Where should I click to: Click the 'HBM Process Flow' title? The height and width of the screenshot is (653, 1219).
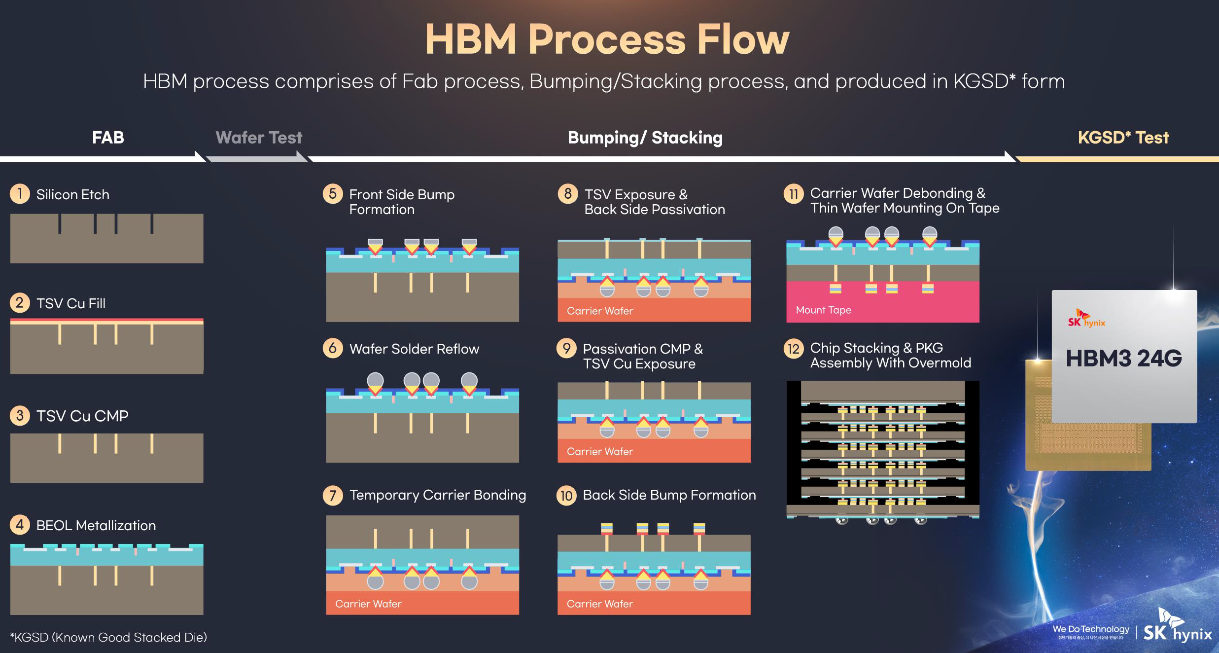[607, 39]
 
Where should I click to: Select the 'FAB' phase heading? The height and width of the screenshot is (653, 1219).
[108, 138]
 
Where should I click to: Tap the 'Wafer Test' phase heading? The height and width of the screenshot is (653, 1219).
[259, 138]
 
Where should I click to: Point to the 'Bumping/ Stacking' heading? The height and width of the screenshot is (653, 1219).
[645, 138]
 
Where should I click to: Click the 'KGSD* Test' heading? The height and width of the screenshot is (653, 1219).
[1123, 138]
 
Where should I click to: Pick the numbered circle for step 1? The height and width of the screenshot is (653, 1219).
[20, 194]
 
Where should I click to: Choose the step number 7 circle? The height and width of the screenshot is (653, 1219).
[333, 495]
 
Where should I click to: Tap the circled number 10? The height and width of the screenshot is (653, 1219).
[566, 495]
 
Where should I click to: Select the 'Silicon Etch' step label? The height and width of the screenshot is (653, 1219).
[73, 194]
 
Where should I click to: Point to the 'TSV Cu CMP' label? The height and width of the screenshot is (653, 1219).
[82, 416]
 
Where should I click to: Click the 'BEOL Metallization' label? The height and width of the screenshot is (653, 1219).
[96, 525]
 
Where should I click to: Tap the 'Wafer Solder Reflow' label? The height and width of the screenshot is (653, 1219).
[414, 349]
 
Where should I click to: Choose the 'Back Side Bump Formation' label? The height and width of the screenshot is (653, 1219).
[669, 495]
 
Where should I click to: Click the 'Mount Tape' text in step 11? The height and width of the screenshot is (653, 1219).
[823, 310]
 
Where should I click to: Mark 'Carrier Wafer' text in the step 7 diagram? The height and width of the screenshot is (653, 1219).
[368, 604]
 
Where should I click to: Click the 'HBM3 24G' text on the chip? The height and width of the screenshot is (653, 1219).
[1124, 359]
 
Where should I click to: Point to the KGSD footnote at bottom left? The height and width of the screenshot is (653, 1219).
[108, 637]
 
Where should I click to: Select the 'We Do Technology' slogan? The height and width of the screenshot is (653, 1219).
[1090, 629]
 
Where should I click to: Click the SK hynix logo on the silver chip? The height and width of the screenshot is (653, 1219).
[1086, 319]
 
